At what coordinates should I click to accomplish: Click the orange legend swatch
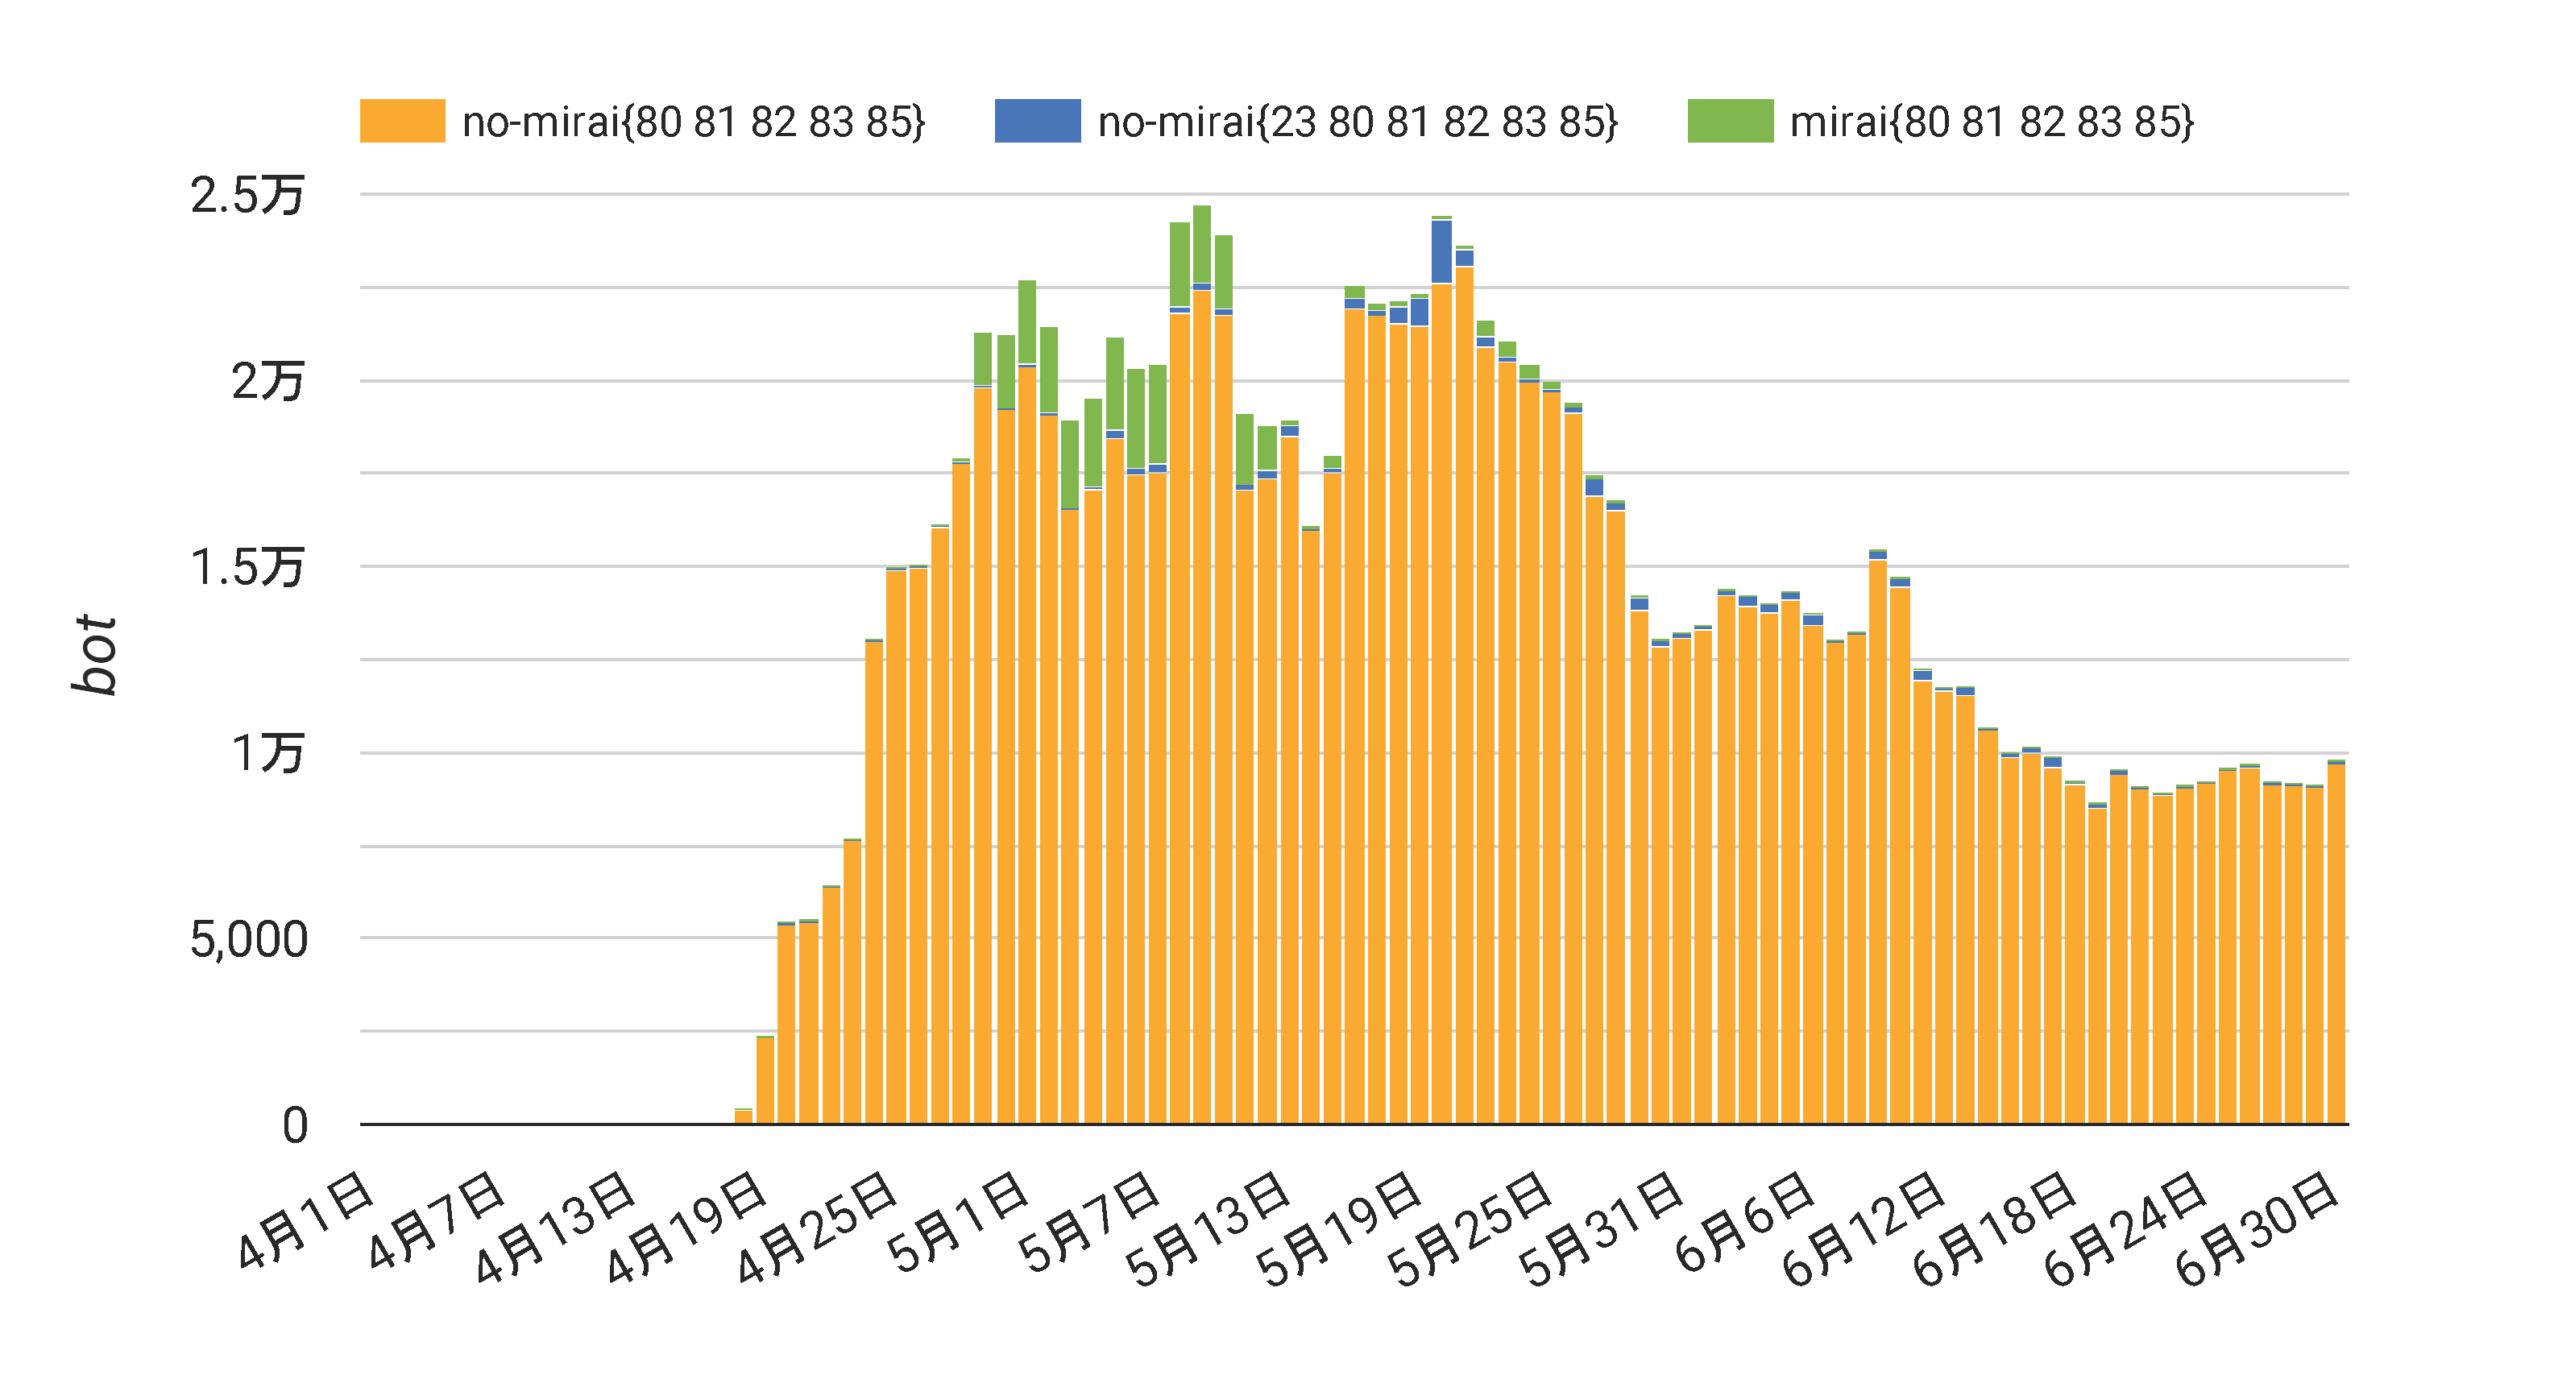(x=402, y=121)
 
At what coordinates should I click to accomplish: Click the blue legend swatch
(x=1037, y=121)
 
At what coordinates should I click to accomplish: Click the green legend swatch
(x=1730, y=121)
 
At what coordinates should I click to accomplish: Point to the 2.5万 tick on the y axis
(x=247, y=195)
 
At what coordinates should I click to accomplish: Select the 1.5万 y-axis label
(x=247, y=568)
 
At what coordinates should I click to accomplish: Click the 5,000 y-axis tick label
(x=248, y=939)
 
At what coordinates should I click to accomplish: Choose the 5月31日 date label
(x=1601, y=1228)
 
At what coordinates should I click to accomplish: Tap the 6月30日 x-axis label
(x=2255, y=1228)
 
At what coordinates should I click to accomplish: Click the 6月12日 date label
(x=1862, y=1228)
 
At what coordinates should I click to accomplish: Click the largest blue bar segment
(x=1441, y=252)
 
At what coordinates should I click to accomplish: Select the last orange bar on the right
(x=2336, y=943)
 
